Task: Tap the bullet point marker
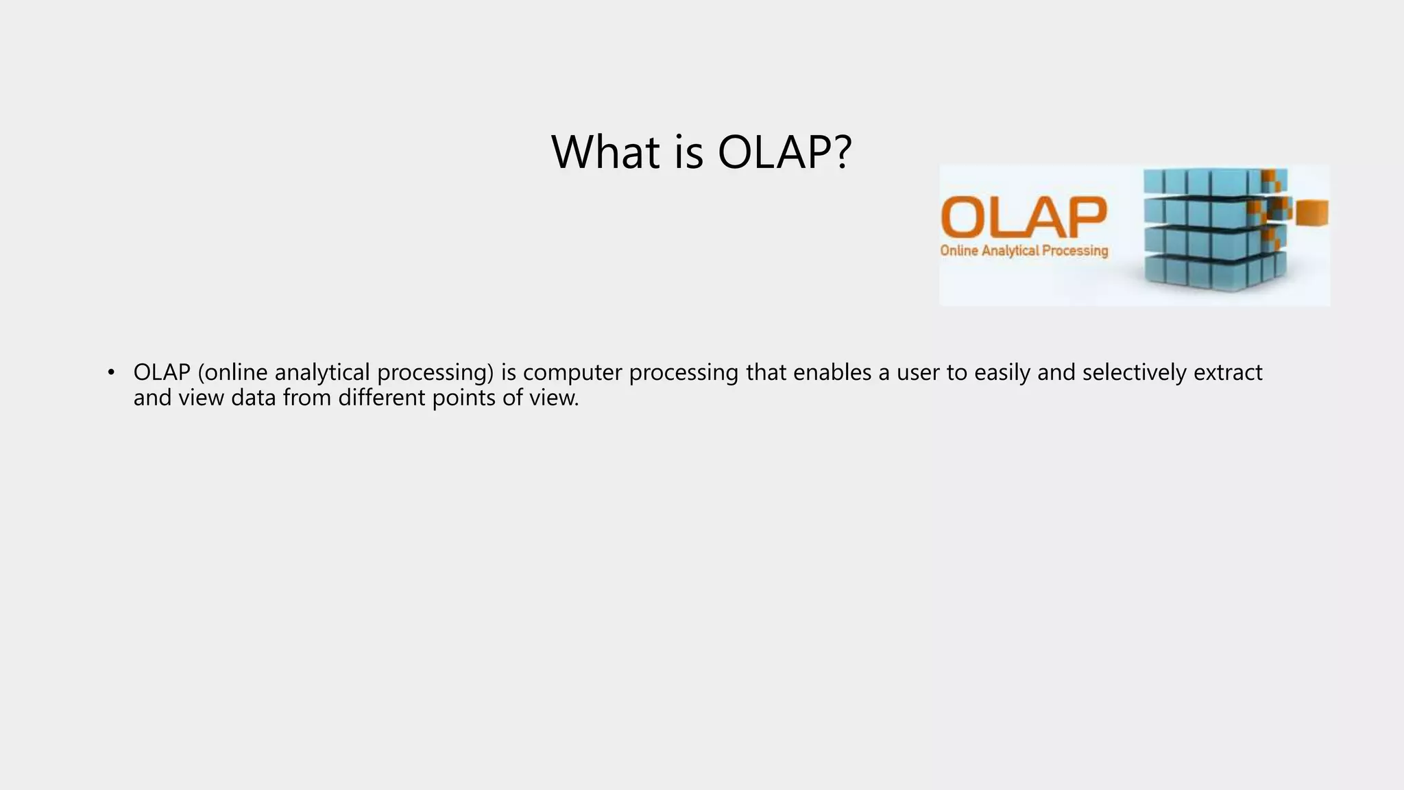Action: coord(111,372)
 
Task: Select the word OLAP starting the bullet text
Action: coord(161,372)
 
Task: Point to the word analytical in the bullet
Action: coord(322,372)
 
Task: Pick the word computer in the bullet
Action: coord(572,372)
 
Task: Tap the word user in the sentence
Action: coord(918,372)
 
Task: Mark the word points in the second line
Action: coord(463,398)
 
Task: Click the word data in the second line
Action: coord(253,398)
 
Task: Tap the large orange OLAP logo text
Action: coord(1024,217)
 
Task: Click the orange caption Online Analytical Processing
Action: coord(1024,251)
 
